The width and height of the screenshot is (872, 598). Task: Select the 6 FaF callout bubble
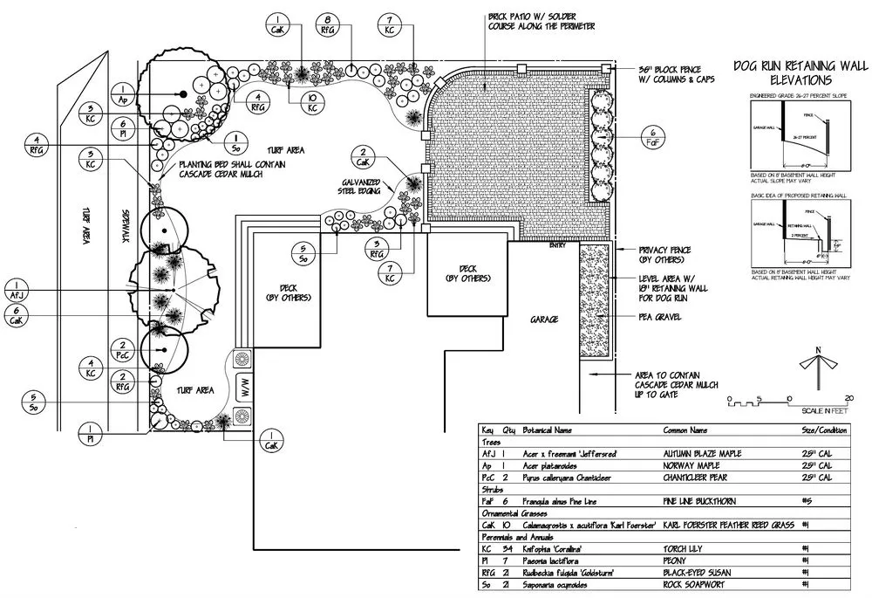(x=654, y=136)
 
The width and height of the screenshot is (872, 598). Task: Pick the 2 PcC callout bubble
(x=123, y=349)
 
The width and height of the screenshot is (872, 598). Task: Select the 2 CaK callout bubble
(x=363, y=159)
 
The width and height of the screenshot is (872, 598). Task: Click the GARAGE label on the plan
(x=543, y=320)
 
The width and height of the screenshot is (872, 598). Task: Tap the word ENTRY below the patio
(x=557, y=245)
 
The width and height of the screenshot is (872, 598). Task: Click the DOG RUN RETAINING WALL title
(x=799, y=72)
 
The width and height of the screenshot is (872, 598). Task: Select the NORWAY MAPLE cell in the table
(x=695, y=466)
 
